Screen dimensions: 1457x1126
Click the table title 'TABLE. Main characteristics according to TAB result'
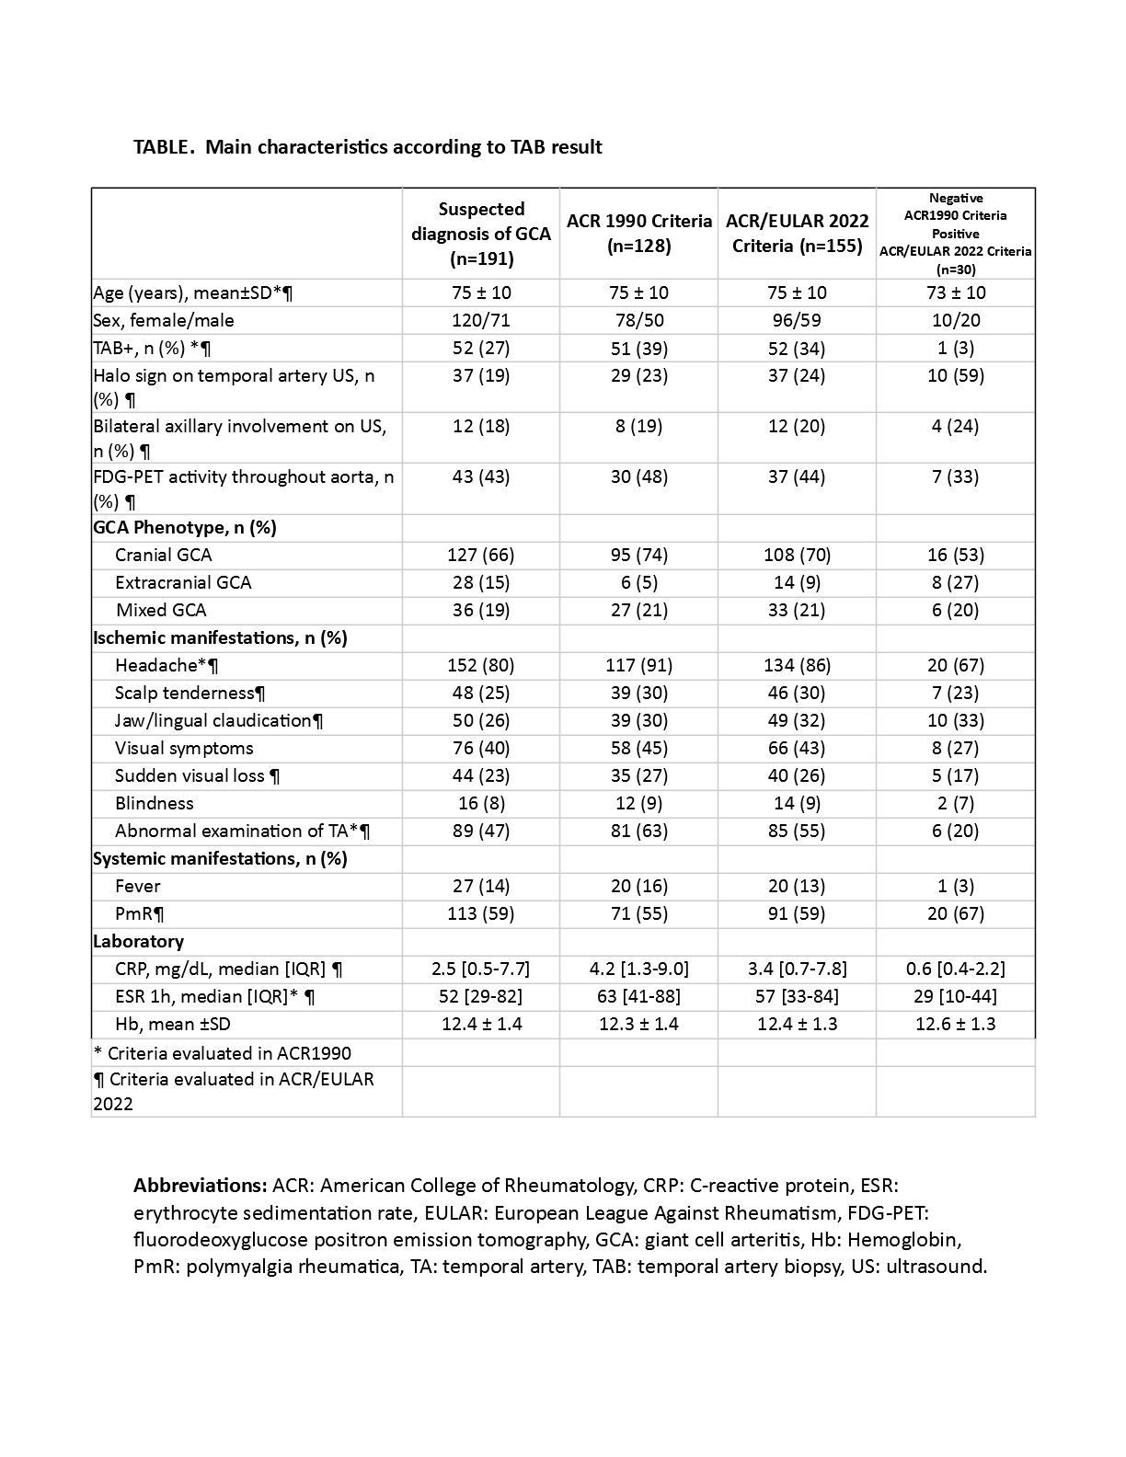tap(368, 147)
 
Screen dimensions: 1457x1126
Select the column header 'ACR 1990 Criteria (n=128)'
tap(639, 234)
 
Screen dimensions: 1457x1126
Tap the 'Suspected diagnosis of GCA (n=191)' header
tap(481, 234)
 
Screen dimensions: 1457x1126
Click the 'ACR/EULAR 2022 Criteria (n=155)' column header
tap(798, 234)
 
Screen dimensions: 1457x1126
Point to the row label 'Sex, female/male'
tap(164, 320)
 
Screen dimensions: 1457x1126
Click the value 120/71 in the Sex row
tap(481, 320)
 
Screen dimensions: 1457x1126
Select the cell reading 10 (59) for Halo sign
tap(956, 375)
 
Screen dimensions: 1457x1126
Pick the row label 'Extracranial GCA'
tap(183, 582)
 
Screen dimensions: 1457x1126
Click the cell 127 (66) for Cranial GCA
tap(481, 555)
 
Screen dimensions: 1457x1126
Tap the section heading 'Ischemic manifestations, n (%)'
tap(220, 637)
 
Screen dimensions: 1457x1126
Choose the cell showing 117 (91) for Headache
tap(639, 665)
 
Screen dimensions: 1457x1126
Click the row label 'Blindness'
tap(155, 803)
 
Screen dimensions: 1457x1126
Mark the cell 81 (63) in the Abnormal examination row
tap(639, 831)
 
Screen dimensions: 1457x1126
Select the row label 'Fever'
tap(138, 886)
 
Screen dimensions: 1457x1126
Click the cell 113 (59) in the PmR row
tap(481, 913)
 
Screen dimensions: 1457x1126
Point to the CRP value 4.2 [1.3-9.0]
tap(639, 969)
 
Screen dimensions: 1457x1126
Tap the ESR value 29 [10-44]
tap(956, 996)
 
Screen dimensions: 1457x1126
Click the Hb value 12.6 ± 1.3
tap(956, 1024)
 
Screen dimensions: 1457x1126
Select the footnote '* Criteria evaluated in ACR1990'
tap(223, 1053)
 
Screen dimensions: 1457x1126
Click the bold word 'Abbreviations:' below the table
tap(201, 1186)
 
